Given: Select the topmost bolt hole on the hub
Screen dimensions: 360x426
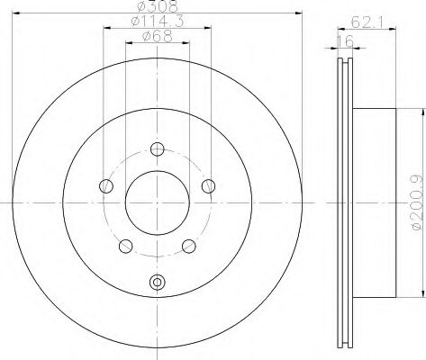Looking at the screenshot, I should coord(157,149).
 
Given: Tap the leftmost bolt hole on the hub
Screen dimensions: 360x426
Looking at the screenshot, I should coord(106,186).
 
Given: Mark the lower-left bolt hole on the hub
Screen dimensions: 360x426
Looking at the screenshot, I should coord(125,246).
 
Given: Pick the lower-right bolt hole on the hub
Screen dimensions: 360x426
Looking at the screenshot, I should coord(188,246).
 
